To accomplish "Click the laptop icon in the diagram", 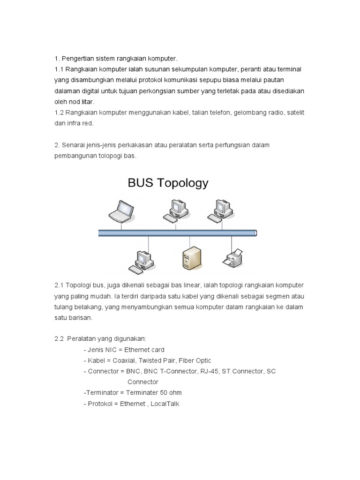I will point(122,211).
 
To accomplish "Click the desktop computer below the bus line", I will point(142,261).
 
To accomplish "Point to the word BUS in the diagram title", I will point(141,183).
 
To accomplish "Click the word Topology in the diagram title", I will point(183,183).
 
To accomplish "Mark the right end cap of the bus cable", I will point(255,233).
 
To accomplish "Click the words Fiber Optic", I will point(194,360).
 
